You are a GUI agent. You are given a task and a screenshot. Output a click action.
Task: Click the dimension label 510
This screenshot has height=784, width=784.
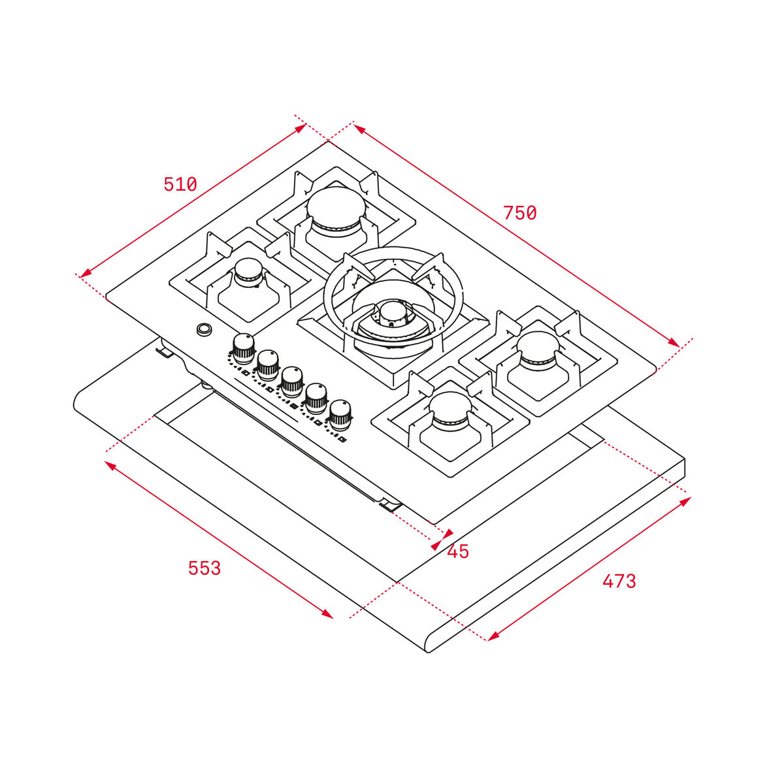pos(180,185)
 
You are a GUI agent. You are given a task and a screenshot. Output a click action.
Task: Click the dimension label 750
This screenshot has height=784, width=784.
pos(519,213)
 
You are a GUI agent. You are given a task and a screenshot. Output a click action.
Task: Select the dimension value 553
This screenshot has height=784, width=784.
pos(204,568)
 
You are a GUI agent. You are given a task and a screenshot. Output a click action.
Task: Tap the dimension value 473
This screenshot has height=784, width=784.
pos(619,581)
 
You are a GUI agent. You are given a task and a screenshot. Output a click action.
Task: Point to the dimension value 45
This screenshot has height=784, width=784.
pos(458,552)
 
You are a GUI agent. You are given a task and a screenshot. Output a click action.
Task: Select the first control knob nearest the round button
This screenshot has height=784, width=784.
pos(243,348)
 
